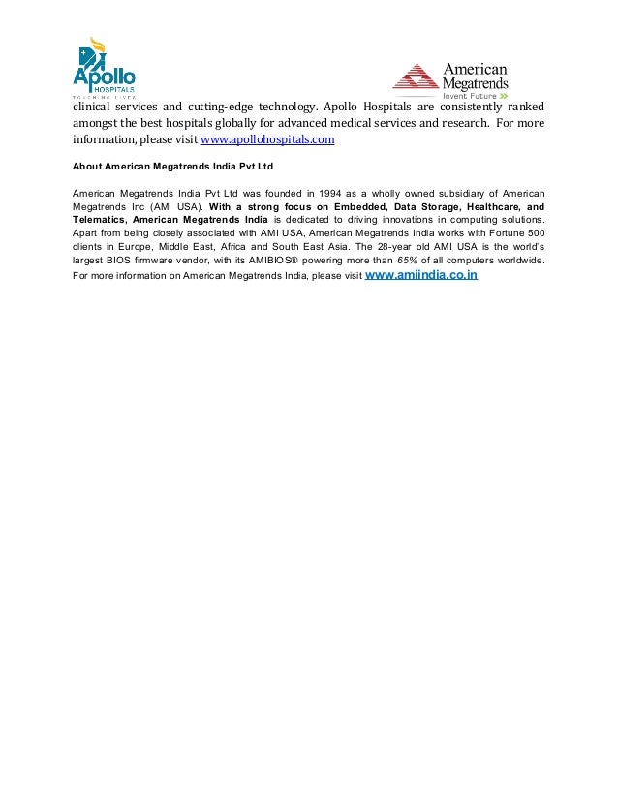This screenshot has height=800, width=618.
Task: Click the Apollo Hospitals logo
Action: click(104, 67)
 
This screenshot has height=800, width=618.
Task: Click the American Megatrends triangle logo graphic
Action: click(415, 80)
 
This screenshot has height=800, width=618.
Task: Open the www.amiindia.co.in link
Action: click(421, 275)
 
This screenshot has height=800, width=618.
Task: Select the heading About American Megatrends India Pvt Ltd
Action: click(173, 166)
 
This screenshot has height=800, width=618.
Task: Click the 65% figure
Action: click(409, 261)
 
